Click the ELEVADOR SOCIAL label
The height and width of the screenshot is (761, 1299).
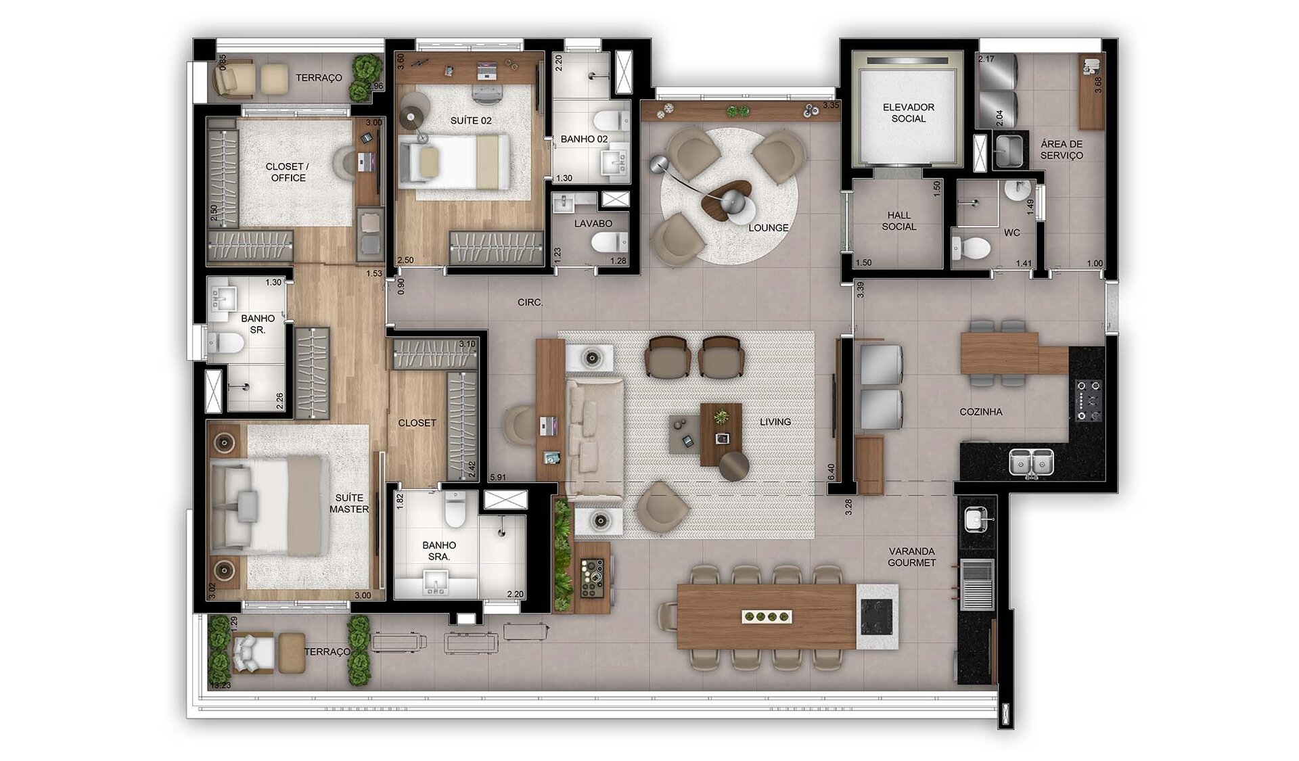point(908,113)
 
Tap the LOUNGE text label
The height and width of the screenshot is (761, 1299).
point(768,228)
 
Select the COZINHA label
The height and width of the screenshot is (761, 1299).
point(980,412)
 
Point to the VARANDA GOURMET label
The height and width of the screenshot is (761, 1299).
point(912,557)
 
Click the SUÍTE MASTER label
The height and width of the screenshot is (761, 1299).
point(349,503)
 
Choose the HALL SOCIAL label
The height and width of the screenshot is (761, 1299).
point(898,221)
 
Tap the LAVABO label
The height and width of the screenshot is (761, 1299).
point(593,224)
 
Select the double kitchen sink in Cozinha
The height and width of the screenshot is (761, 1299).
point(1031,461)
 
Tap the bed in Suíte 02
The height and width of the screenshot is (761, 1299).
point(453,161)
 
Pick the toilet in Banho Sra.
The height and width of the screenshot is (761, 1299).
point(455,509)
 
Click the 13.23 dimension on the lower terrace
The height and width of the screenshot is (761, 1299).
point(220,685)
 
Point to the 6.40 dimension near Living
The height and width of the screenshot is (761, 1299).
point(831,472)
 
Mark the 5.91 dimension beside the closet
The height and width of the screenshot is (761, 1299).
point(498,477)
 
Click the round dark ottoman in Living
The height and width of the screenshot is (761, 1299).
point(734,466)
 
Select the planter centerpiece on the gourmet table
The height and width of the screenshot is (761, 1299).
point(767,616)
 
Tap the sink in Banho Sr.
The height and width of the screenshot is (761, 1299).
point(223,298)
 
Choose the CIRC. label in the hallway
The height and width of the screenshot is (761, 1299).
point(530,302)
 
